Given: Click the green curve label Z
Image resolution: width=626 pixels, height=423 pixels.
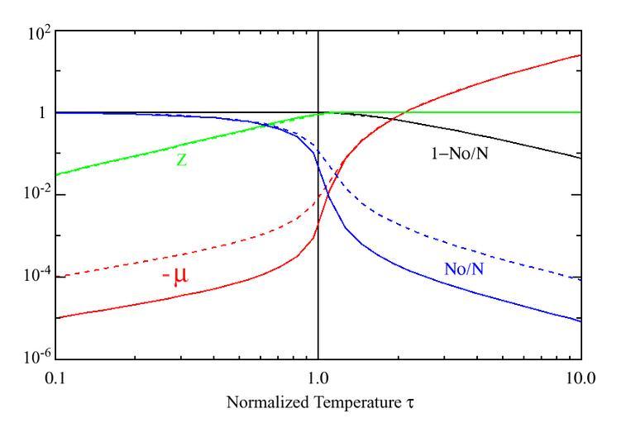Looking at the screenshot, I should click(182, 160).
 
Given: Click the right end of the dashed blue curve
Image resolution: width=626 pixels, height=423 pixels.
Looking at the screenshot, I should click(581, 279).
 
